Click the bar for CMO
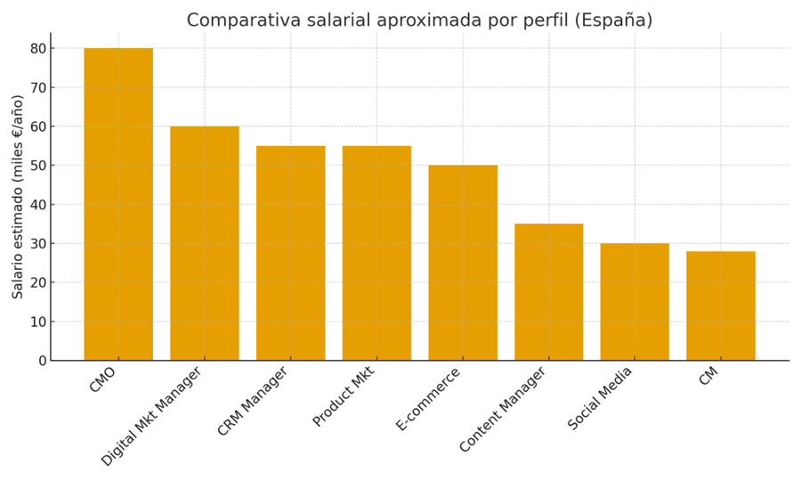point(118,204)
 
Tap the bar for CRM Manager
point(290,253)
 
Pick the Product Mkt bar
point(376,253)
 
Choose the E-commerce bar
point(463,263)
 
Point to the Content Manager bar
point(548,292)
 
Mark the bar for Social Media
point(635,302)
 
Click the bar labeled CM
point(721,306)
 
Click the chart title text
point(419,20)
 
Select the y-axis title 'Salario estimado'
point(19,196)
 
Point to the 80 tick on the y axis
point(37,48)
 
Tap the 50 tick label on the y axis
point(37,166)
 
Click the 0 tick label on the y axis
point(41,361)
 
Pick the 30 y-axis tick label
point(37,243)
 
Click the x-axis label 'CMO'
point(103,380)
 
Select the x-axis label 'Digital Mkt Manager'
point(152,416)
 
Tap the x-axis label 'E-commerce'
point(429,398)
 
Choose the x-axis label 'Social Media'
point(601,397)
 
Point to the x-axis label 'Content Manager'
point(503,409)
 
